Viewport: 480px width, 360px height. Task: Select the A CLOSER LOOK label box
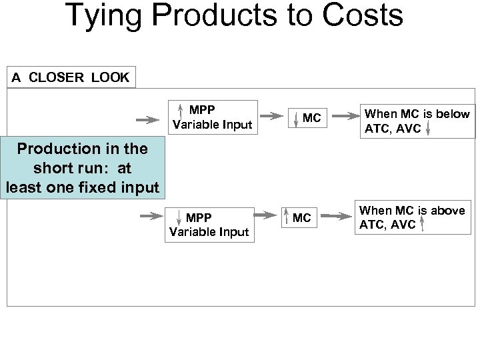click(x=70, y=77)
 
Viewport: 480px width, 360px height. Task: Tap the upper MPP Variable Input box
click(x=211, y=117)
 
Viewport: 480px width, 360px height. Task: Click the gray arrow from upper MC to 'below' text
click(x=344, y=117)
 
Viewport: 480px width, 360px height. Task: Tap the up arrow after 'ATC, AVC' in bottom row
click(x=423, y=225)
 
